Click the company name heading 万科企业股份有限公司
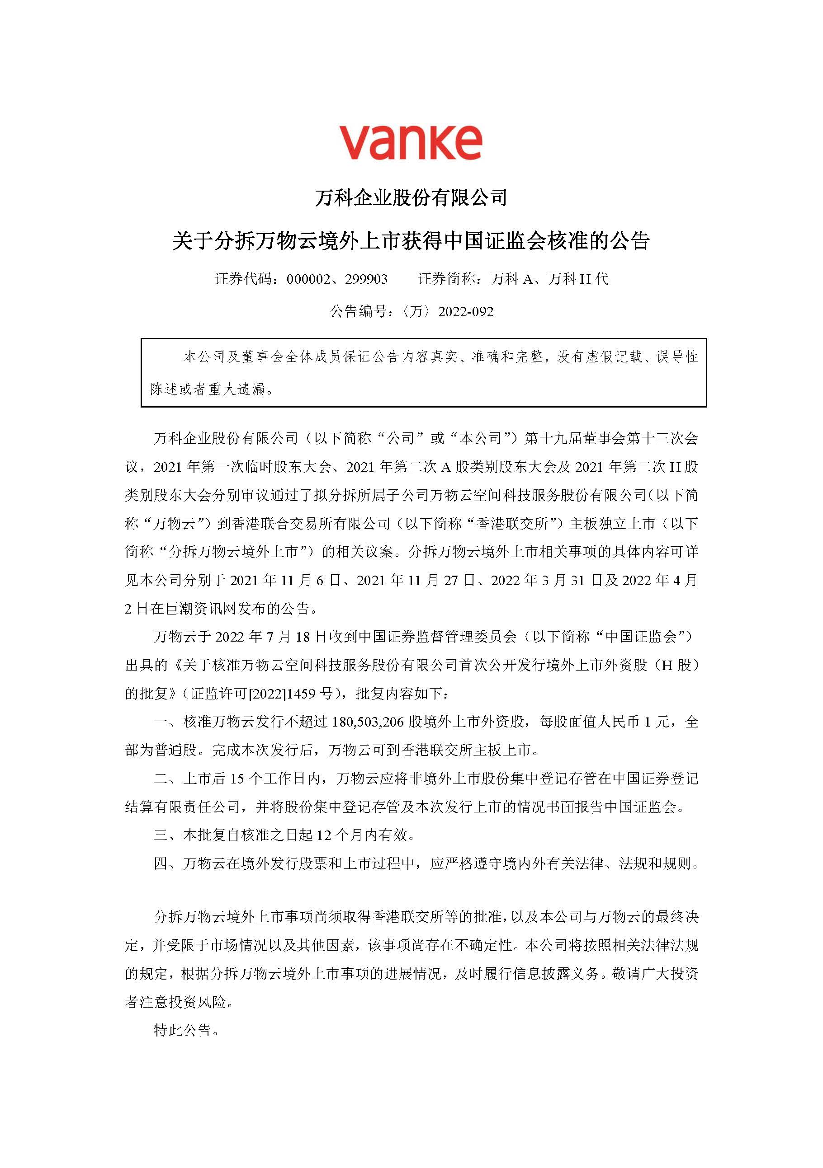(411, 197)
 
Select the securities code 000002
(308, 279)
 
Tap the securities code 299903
(366, 279)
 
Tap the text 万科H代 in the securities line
(578, 279)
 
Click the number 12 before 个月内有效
(324, 834)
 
